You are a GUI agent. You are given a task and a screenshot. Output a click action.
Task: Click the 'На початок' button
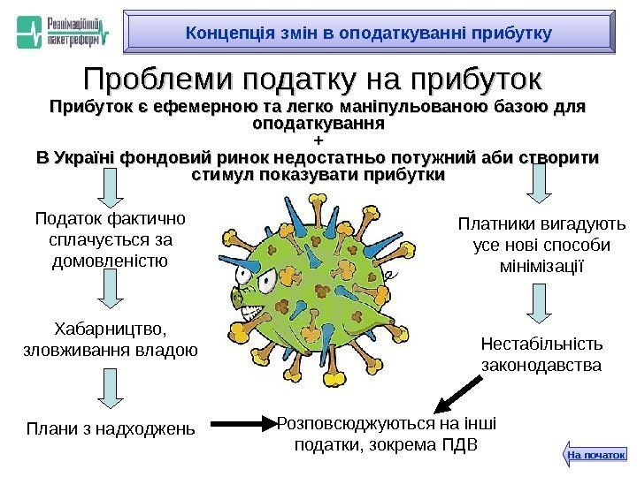coord(595,454)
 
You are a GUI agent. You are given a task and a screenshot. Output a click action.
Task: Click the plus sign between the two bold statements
coord(318,141)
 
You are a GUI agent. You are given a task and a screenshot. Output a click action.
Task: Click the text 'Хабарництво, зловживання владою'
coord(108,340)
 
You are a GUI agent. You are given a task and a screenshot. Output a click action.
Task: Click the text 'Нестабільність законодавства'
coord(541,353)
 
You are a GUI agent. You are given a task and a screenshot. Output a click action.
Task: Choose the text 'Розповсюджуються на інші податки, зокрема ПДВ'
coord(387,433)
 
